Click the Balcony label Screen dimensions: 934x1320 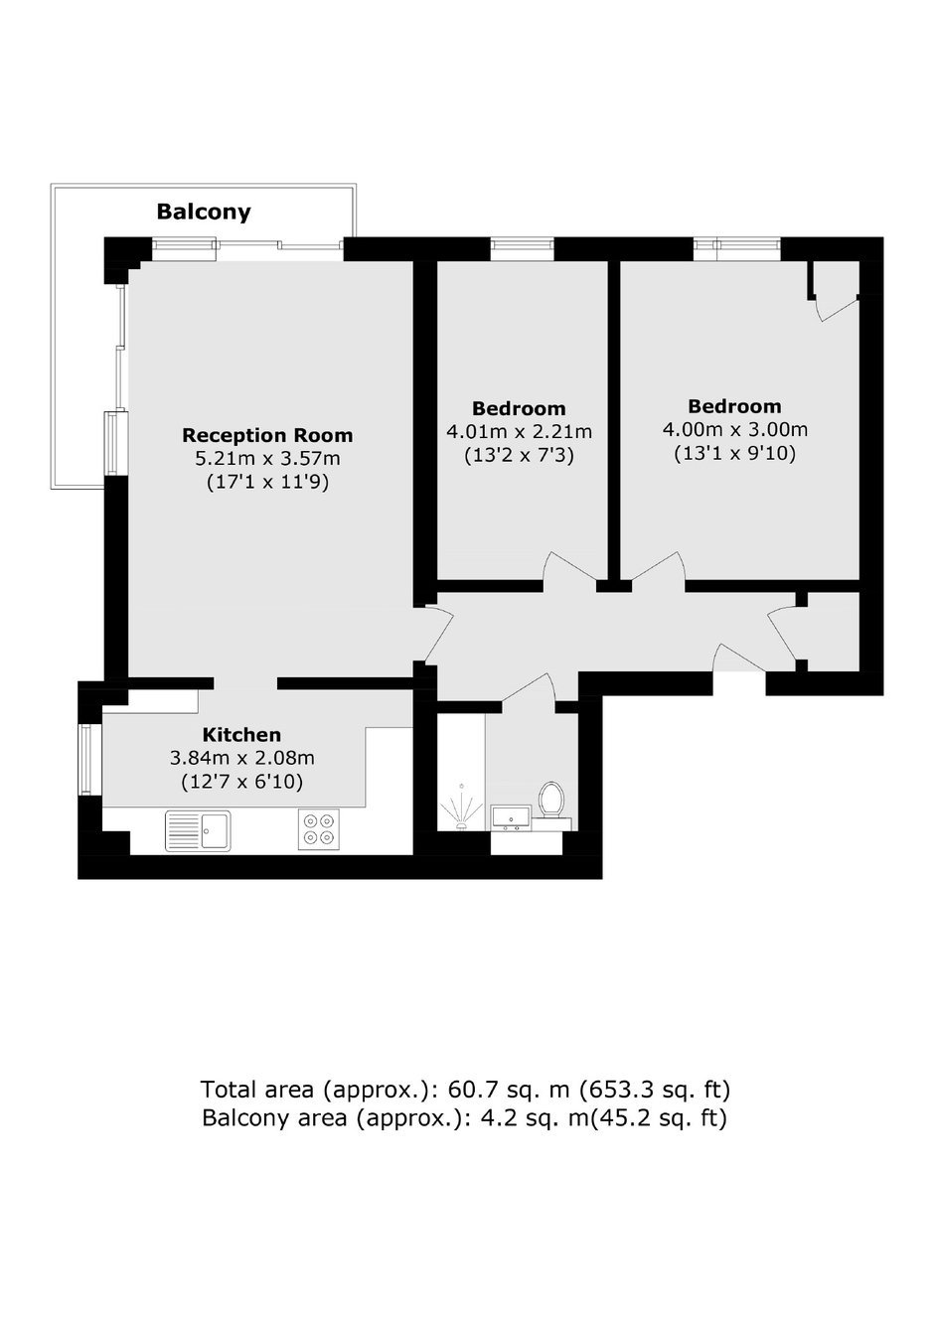[x=204, y=212]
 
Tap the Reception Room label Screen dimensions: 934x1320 [x=267, y=435]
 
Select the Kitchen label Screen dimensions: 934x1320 [x=241, y=735]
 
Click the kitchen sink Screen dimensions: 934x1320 [x=198, y=830]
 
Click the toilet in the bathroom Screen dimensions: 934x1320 [x=551, y=802]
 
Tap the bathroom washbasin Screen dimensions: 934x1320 [x=510, y=818]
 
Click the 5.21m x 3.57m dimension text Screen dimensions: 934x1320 [x=267, y=459]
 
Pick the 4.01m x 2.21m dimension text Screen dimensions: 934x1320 [x=519, y=432]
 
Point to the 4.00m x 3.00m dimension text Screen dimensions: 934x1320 [x=734, y=430]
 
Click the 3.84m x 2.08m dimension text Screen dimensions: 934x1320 [x=241, y=758]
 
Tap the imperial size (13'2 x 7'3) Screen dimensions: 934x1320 [x=519, y=456]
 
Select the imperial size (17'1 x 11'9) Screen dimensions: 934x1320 [x=267, y=482]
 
